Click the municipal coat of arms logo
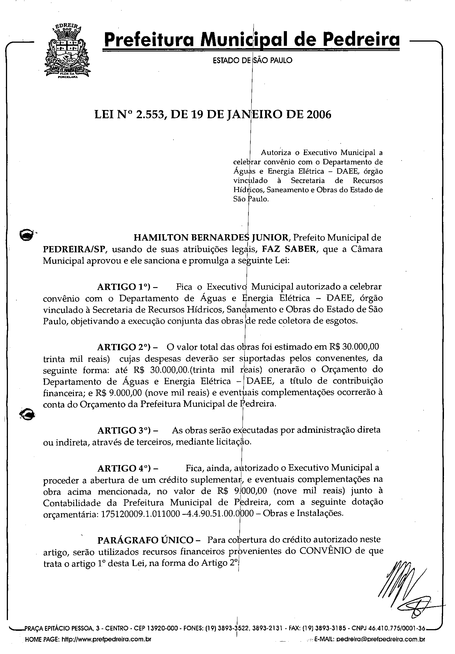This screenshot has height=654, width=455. coord(67,51)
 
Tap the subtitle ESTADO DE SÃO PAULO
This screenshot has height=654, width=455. coord(252,60)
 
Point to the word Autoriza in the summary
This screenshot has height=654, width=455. coord(276,153)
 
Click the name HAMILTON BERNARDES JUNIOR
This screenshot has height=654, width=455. coord(211,237)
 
